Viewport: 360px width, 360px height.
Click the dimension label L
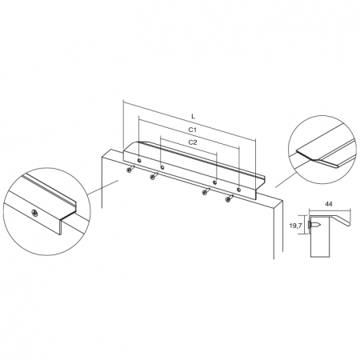click(x=194, y=116)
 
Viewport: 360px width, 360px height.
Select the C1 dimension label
click(x=193, y=130)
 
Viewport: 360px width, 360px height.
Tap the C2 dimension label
click(x=193, y=142)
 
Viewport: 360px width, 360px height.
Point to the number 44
click(x=329, y=204)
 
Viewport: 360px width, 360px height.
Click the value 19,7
click(x=295, y=226)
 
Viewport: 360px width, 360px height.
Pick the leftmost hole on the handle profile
click(x=139, y=161)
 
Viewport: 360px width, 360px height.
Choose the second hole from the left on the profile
click(x=162, y=167)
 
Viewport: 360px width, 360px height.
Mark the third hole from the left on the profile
click(x=214, y=182)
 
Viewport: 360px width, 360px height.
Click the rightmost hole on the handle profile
click(x=238, y=190)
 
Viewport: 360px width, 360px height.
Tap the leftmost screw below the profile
click(x=131, y=168)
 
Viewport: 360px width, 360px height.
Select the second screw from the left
click(x=154, y=175)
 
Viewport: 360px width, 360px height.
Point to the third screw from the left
click(x=206, y=190)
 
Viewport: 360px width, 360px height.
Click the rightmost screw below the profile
click(x=230, y=198)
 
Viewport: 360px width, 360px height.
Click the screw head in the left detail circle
click(x=34, y=213)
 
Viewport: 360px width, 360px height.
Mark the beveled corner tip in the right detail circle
click(x=314, y=159)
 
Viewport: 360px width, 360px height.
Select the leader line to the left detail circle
click(x=103, y=187)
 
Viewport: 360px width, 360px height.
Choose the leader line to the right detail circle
click(x=286, y=180)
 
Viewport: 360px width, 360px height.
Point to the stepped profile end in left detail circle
click(x=68, y=216)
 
